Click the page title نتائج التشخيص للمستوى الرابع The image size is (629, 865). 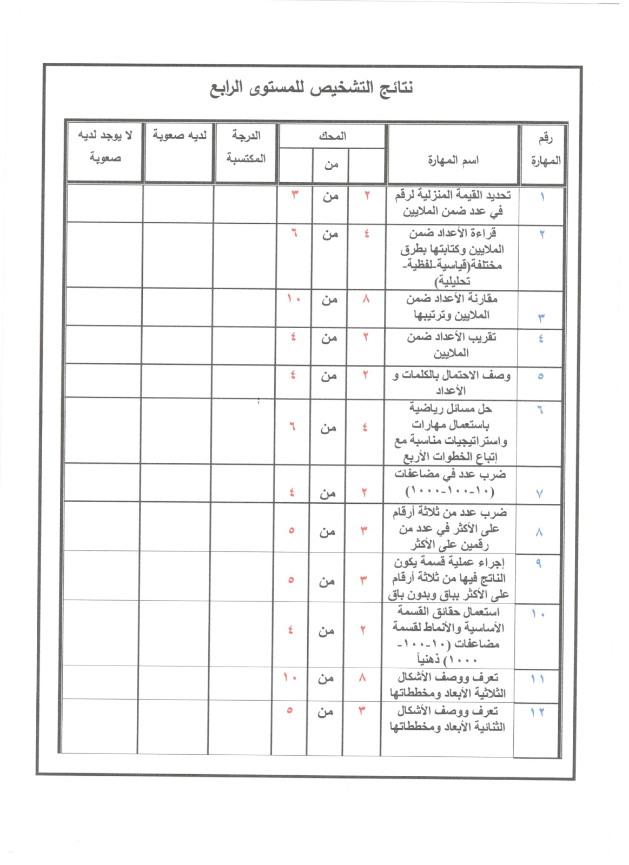point(312,87)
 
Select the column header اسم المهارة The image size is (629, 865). point(453,160)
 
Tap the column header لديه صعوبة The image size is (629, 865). point(179,135)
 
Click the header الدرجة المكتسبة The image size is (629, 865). point(246,147)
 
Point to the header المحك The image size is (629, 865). point(332,136)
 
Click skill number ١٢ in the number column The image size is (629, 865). point(537,713)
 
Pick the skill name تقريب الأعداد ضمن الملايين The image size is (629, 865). point(452,345)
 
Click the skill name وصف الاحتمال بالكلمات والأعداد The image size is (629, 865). point(452,382)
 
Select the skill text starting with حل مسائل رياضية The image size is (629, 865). point(451,432)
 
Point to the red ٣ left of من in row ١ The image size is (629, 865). point(295,195)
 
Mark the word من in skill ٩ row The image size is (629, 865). point(326,581)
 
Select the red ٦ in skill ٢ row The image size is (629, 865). point(294,233)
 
